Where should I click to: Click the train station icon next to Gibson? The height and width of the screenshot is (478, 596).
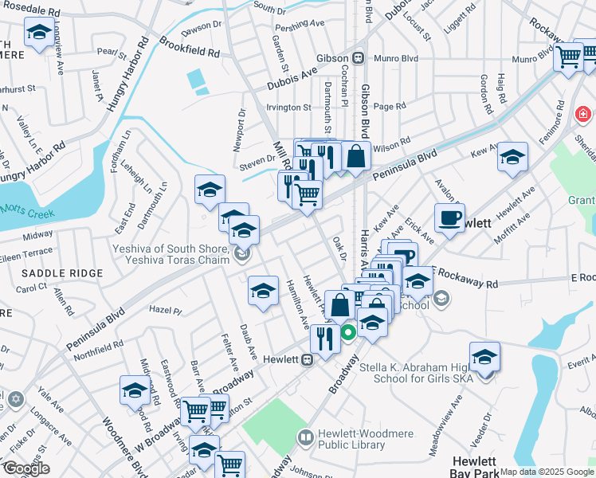click(x=359, y=58)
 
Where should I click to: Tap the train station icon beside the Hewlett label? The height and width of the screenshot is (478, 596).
click(x=306, y=358)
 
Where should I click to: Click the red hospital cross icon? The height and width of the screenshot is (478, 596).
click(x=584, y=115)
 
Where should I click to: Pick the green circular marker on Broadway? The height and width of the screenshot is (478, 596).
click(x=348, y=332)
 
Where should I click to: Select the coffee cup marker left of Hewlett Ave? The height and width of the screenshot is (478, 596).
click(x=449, y=217)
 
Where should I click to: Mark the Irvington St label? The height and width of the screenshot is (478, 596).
click(x=288, y=107)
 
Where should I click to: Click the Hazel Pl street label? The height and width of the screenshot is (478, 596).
click(x=166, y=309)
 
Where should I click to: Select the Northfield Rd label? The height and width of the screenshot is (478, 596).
click(x=99, y=351)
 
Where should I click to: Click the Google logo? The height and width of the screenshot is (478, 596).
click(x=25, y=468)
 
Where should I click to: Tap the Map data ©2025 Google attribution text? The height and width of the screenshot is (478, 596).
click(x=547, y=472)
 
